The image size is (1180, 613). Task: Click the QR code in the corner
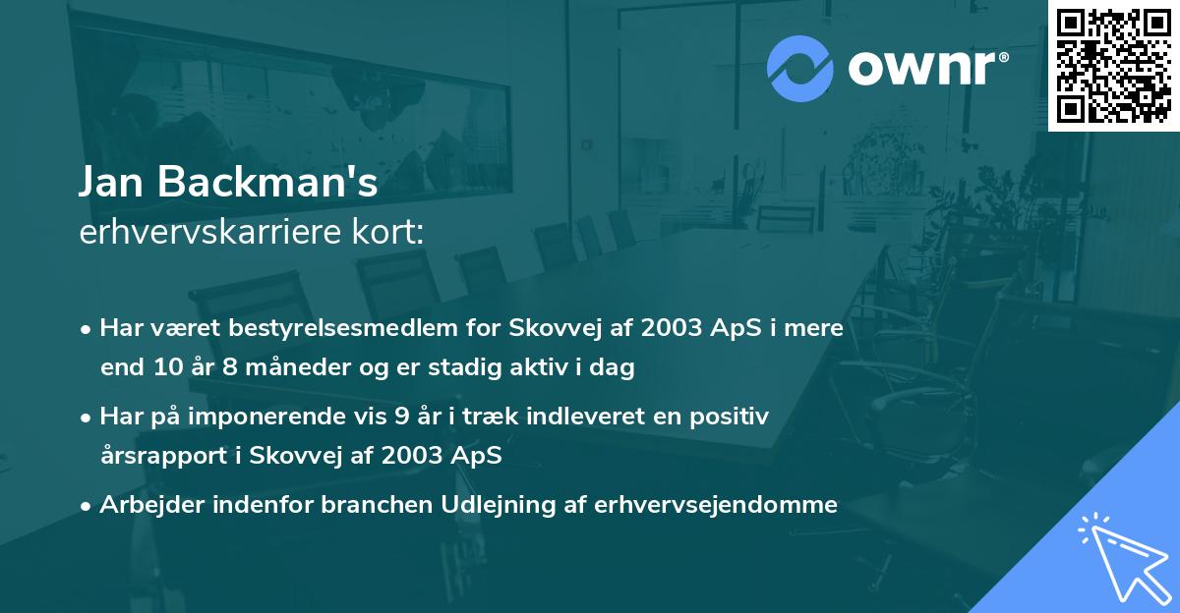pos(1113,66)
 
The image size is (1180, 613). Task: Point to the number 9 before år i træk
pos(401,417)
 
